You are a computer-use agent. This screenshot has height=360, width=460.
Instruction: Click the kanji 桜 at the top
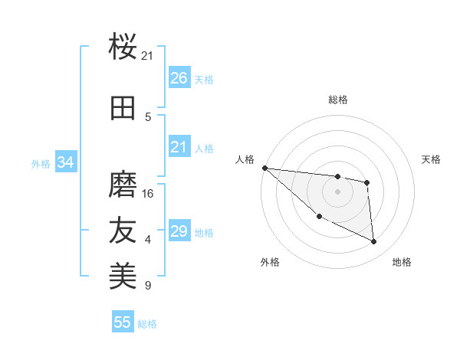tap(123, 47)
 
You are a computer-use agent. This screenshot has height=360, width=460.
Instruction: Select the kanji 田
tap(123, 108)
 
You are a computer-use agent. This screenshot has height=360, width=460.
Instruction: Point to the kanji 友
tap(123, 231)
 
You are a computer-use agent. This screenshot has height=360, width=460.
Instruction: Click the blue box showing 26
tap(179, 78)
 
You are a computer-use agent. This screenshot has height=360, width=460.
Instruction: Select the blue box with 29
tap(179, 231)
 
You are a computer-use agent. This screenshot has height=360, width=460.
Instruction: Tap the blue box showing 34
tap(65, 162)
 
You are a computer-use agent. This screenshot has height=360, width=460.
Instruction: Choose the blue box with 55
tap(123, 322)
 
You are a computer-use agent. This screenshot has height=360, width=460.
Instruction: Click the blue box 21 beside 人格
tap(179, 147)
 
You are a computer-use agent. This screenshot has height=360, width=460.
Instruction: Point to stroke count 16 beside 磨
tap(148, 194)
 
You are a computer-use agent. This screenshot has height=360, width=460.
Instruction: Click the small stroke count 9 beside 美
tap(148, 286)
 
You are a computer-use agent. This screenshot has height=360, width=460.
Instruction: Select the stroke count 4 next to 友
tap(148, 240)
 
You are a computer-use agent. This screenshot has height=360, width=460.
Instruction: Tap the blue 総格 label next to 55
tap(147, 324)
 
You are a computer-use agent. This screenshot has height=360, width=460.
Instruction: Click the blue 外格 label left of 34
tap(41, 163)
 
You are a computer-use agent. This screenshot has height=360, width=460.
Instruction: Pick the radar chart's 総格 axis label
tap(337, 100)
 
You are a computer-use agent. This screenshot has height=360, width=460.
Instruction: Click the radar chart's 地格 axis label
tap(402, 263)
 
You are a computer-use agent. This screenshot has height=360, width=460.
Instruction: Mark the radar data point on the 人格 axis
tap(264, 168)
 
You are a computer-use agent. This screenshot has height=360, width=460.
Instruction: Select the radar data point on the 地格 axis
tap(374, 242)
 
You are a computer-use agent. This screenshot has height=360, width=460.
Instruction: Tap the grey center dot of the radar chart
tap(337, 191)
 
